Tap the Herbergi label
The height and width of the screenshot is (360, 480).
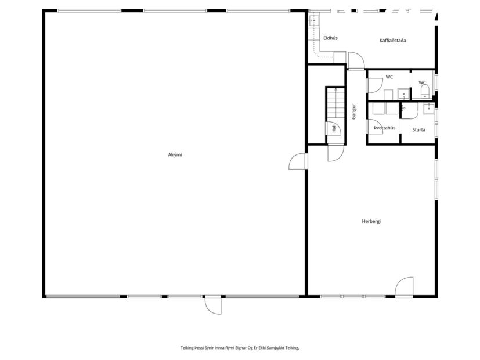tap(371, 221)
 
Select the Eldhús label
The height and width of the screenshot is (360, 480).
tap(330, 38)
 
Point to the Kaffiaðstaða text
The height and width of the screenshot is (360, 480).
tap(392, 41)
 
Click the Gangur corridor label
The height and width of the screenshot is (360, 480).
tap(353, 111)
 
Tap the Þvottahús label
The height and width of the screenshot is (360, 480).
tap(384, 128)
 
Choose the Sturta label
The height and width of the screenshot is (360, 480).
tap(418, 130)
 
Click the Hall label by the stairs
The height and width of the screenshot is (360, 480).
tap(334, 129)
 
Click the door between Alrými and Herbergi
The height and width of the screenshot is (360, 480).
tap(298, 161)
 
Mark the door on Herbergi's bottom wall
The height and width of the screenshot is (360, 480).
tap(403, 287)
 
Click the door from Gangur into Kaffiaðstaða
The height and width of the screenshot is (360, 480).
tap(355, 60)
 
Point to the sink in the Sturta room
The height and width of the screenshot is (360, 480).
tap(427, 106)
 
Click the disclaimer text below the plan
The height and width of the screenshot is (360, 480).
tap(240, 347)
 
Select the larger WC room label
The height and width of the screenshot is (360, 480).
tap(389, 77)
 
